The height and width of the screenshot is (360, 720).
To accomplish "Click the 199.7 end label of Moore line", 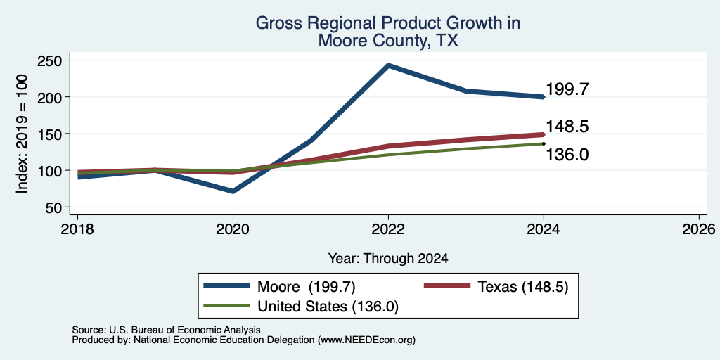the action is [x=567, y=89].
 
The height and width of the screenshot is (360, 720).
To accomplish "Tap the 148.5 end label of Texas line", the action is [x=567, y=127].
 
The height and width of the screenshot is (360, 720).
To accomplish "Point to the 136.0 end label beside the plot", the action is [x=567, y=155].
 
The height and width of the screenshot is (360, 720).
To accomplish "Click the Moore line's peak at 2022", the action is [x=388, y=65].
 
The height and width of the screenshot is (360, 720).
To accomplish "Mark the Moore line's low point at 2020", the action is [x=233, y=191].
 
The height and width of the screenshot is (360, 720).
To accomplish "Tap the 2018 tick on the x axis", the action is [x=77, y=229].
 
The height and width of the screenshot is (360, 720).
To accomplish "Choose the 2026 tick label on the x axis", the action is [x=699, y=229].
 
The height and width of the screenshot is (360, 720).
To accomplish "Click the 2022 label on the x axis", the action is [x=388, y=229].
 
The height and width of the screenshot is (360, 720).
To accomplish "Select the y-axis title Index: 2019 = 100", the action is [x=22, y=134].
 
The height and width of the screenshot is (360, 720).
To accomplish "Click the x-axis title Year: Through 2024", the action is [x=388, y=259].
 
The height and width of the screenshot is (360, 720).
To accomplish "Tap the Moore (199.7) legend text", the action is [x=307, y=287].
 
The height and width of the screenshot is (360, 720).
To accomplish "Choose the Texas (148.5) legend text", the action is [x=523, y=287].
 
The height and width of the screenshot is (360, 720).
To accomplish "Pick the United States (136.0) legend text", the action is [x=328, y=307].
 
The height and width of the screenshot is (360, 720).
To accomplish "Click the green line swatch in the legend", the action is [x=227, y=306].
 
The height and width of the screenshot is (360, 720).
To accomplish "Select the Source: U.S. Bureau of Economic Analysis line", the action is [x=166, y=330].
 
